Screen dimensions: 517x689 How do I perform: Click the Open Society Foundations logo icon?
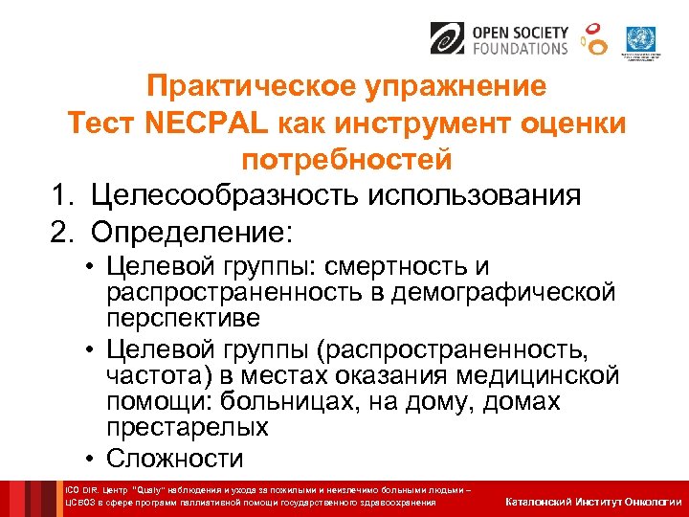[448, 39]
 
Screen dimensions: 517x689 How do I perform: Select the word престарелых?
[188, 426]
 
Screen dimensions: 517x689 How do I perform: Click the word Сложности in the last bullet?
[175, 458]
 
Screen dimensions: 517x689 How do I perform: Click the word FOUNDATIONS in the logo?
[519, 48]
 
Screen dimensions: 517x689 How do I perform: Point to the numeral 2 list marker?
[60, 233]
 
